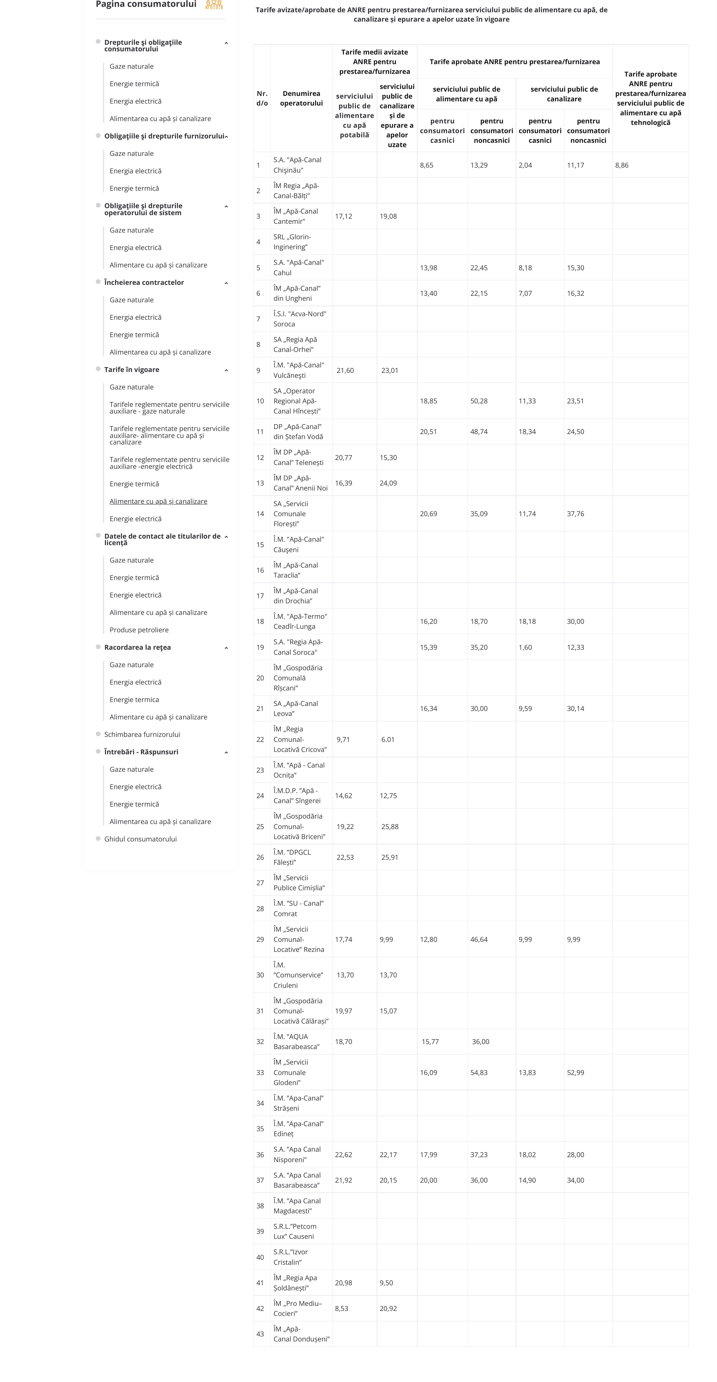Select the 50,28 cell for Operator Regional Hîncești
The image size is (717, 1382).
[x=479, y=401]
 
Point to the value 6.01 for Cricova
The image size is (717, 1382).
[x=388, y=739]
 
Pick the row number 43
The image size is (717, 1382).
[x=260, y=1334]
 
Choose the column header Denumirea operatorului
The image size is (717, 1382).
[x=301, y=98]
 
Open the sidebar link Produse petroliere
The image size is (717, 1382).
[x=139, y=630]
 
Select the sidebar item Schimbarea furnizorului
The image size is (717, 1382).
[x=142, y=735]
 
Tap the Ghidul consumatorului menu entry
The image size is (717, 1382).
[x=140, y=839]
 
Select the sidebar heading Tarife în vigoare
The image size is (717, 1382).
[x=131, y=370]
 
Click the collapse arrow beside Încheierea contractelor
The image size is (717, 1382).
[x=226, y=283]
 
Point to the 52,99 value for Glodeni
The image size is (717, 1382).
[x=575, y=1072]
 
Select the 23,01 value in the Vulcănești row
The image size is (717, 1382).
[x=390, y=370]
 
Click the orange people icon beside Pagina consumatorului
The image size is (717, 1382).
[x=214, y=5]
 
